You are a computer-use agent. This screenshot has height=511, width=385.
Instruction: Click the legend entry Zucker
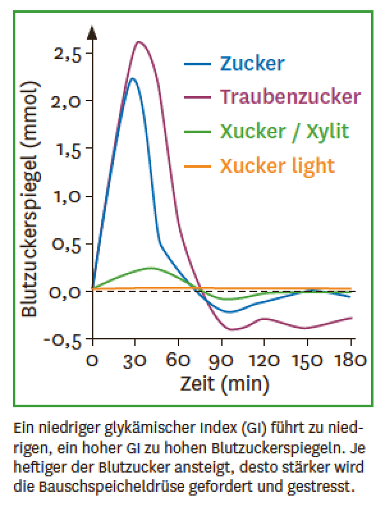click(252, 63)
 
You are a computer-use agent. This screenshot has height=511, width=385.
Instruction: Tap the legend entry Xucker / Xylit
click(284, 131)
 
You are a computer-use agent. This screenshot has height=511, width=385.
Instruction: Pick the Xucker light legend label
click(277, 165)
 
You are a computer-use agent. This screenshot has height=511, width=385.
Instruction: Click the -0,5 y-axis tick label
click(63, 340)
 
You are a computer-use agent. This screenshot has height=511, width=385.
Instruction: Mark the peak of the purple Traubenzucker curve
click(139, 42)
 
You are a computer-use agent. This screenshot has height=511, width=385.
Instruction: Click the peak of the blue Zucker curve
click(132, 78)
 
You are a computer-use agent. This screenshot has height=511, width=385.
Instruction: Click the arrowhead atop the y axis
click(93, 31)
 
